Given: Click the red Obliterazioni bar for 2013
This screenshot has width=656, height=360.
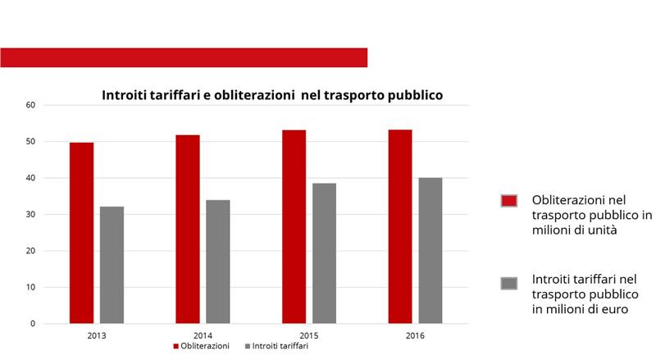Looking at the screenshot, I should [x=81, y=233].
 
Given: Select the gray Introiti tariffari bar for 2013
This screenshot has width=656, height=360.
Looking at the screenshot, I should [x=112, y=265].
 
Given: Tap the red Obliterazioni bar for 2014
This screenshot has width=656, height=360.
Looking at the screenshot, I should [x=187, y=229].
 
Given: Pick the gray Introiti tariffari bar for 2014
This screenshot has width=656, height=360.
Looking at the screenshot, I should [x=218, y=262].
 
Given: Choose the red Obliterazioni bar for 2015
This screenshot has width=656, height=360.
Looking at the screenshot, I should [x=294, y=226].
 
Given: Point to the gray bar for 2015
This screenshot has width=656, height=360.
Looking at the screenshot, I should [x=324, y=253].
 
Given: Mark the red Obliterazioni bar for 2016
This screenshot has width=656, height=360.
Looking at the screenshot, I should [x=400, y=226].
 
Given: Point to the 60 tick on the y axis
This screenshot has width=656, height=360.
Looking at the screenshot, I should [x=31, y=105].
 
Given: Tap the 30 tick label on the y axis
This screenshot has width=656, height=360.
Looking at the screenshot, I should [x=31, y=215].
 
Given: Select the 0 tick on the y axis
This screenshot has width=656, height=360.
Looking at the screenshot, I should [x=34, y=324].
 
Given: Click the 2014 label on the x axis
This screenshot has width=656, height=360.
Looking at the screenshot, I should [x=203, y=335].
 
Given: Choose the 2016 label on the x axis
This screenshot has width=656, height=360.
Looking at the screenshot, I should [x=415, y=335].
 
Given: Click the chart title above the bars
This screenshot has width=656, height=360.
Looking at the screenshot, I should [x=272, y=95].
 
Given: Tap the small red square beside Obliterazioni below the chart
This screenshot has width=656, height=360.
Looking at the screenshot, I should [x=175, y=347].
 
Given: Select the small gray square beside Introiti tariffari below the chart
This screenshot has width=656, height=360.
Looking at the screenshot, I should [x=247, y=347].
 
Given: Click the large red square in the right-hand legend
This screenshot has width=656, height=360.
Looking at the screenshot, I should [x=509, y=201].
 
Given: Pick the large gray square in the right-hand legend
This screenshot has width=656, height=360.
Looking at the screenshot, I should [x=509, y=283].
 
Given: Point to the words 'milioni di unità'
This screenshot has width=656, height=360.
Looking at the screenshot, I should [x=574, y=230].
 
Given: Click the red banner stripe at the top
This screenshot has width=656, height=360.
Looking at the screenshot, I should [x=184, y=57].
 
